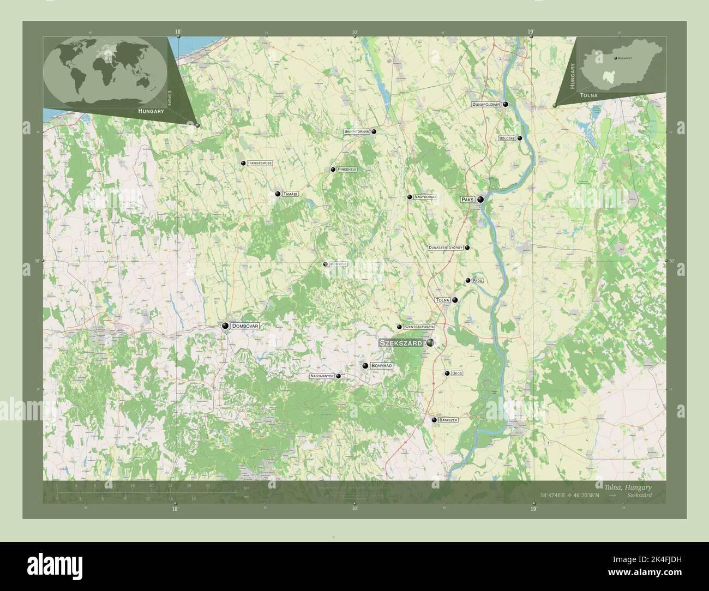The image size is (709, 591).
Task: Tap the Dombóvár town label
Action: pos(244,325)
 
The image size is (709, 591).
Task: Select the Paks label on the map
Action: pos(467,200)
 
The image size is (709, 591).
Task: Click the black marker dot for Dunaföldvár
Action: pos(506,104)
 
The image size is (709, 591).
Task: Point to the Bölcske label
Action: pos(507,138)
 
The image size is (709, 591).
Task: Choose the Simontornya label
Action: pos(357,131)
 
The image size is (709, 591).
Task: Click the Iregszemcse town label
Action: pos(260,163)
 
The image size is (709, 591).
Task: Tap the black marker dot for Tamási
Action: pos(278,194)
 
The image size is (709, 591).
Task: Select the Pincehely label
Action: pos(347,170)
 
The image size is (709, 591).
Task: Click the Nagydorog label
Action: pos(425,197)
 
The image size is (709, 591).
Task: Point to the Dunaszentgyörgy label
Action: pos(446,248)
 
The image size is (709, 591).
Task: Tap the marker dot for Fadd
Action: pos(468,281)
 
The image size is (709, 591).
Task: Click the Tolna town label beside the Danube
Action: pos(442,300)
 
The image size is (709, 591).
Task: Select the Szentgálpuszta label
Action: pos(419,327)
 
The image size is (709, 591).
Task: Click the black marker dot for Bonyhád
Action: pos(365,366)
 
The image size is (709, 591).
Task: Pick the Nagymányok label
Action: pos(321,376)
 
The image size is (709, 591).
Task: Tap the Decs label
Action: pos(457,373)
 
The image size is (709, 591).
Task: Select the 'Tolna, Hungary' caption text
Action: pos(628,486)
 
